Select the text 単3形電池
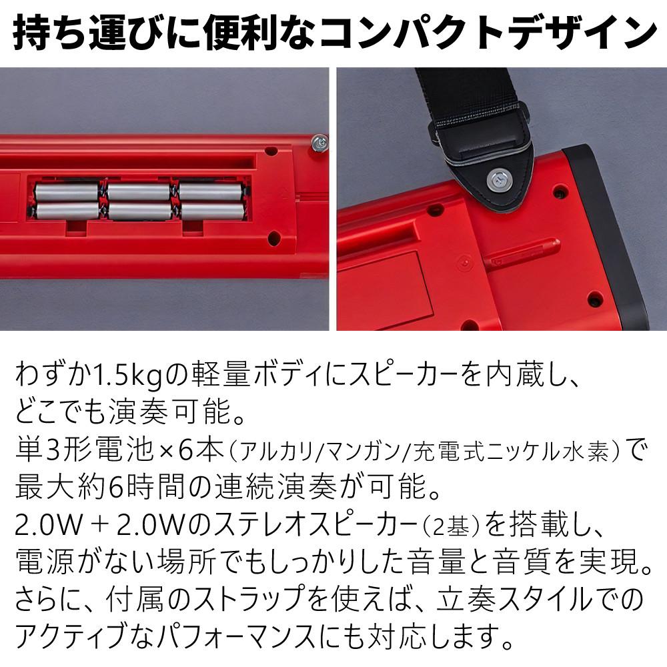pos(84,450)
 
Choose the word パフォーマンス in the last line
pos(235,636)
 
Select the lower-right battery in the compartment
pos(213,211)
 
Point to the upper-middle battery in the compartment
pos(139,191)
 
